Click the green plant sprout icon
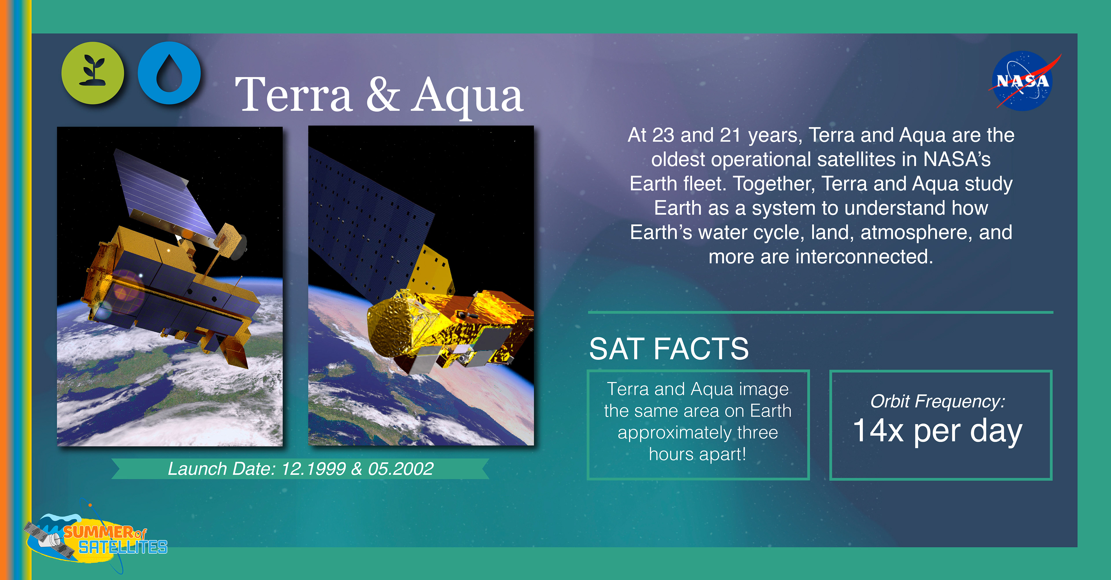point(93,73)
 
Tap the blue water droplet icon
point(169,73)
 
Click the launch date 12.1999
point(314,469)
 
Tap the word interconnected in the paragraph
point(864,257)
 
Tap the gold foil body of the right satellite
point(448,327)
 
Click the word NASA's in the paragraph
point(957,160)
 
